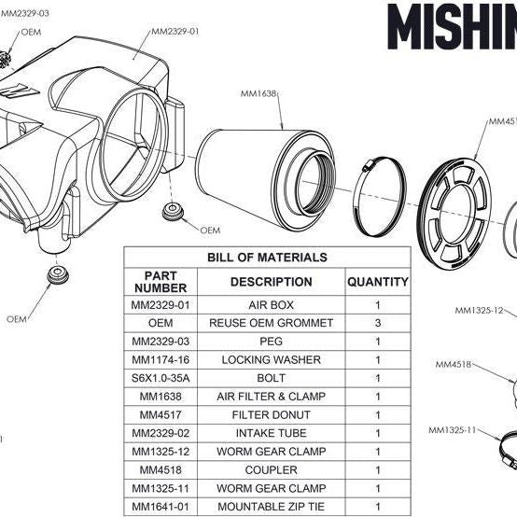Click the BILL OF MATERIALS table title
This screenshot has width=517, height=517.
click(x=267, y=257)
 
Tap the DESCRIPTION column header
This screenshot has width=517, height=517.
click(x=271, y=281)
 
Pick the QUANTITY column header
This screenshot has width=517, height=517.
click(x=377, y=281)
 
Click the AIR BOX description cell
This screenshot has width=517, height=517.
click(x=271, y=305)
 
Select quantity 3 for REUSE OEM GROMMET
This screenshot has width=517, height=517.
click(x=377, y=323)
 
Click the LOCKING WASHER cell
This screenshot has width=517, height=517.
click(x=271, y=359)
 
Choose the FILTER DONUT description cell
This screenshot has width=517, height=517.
click(x=271, y=413)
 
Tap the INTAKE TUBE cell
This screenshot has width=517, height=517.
click(x=271, y=432)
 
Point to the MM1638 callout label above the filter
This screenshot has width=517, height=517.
click(x=258, y=93)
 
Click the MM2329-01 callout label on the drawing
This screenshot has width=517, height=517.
click(x=175, y=31)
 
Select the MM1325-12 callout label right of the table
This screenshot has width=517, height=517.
click(x=478, y=310)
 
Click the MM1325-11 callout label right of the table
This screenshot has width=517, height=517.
click(x=452, y=430)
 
